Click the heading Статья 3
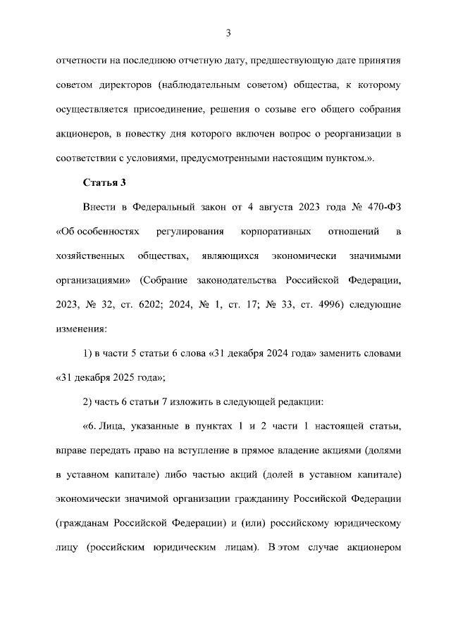click(x=104, y=183)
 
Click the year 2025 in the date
click(x=122, y=377)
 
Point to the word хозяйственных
click(x=91, y=256)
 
